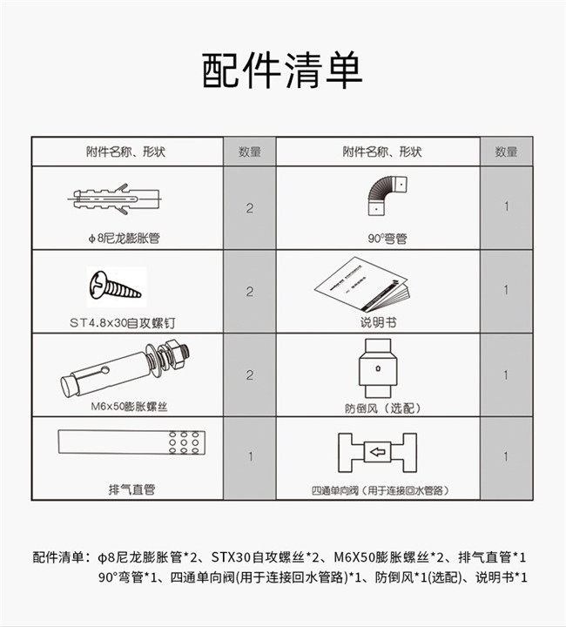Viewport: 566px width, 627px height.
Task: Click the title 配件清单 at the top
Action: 282,71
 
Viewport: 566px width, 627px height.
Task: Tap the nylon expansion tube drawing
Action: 115,199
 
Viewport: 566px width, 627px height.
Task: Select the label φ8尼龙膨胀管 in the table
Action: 124,239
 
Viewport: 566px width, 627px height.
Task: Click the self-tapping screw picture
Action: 115,285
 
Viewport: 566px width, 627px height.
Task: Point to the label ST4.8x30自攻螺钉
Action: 122,323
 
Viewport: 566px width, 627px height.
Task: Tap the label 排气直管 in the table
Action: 131,489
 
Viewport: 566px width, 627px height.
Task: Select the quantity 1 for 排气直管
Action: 250,456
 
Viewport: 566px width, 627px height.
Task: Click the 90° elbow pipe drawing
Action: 386,196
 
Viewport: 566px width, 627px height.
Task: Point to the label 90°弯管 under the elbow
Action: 387,239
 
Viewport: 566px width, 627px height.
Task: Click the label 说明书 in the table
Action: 378,322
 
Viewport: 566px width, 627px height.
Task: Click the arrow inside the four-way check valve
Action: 378,452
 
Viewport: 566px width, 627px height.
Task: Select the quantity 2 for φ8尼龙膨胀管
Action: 250,208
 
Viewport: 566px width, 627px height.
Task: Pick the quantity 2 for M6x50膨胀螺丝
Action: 250,375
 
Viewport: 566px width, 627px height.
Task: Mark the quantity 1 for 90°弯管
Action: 507,206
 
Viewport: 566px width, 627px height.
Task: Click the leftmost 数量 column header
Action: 250,152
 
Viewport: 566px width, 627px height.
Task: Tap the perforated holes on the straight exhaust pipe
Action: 184,442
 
